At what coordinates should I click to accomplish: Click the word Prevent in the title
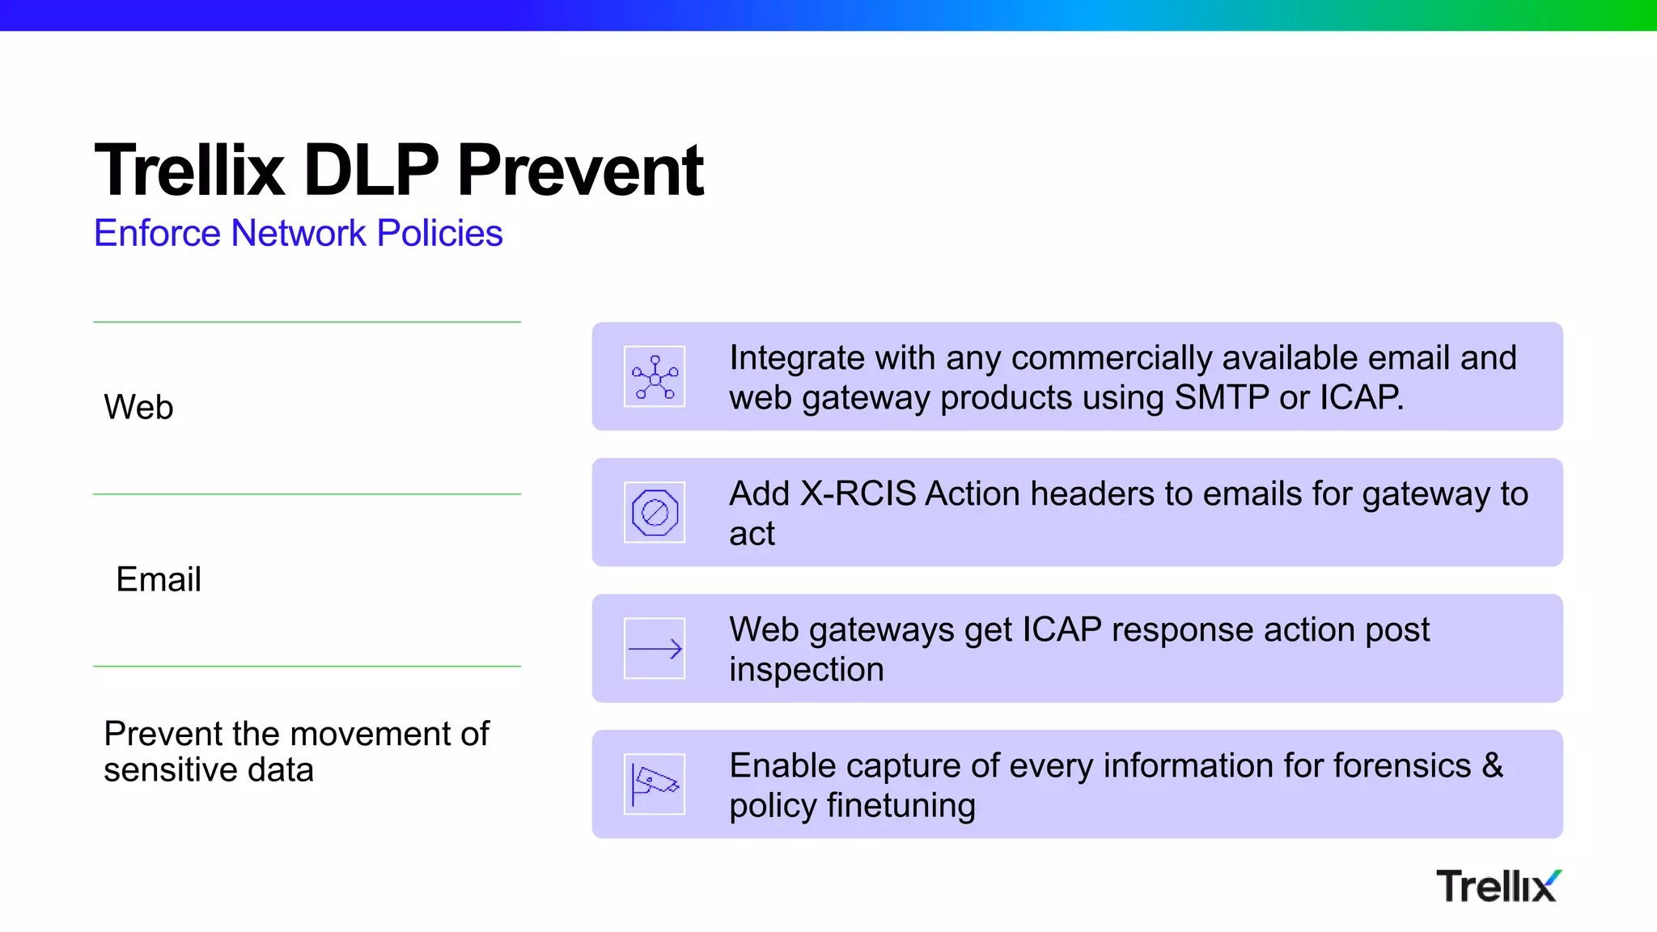click(580, 171)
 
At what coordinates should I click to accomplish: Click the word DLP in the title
click(371, 171)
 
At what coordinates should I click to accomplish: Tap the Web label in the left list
click(138, 407)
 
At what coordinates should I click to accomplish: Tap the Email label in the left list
click(159, 579)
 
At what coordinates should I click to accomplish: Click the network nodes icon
click(655, 377)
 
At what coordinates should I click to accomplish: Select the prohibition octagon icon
click(655, 513)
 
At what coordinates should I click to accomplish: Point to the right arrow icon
click(655, 649)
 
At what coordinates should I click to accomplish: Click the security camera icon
click(655, 785)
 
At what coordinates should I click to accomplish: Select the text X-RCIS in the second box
click(858, 494)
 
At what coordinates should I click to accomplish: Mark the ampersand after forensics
click(1493, 765)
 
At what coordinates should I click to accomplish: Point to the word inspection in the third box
click(806, 670)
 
